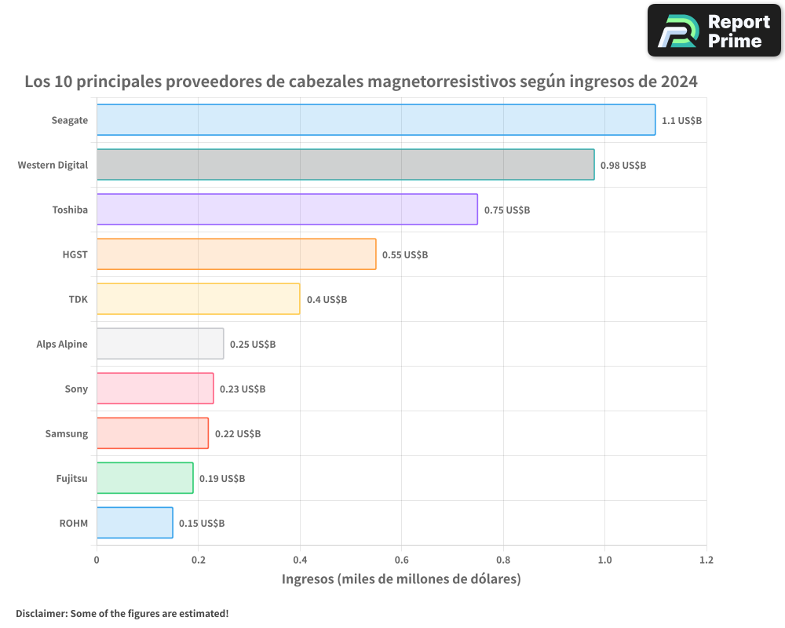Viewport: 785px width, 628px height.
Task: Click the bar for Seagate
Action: [x=375, y=120]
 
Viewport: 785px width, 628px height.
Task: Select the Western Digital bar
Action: [x=345, y=165]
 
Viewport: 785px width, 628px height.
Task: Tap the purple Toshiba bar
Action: [x=287, y=210]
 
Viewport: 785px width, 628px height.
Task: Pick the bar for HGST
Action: [x=235, y=254]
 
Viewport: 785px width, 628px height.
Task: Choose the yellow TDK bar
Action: [x=198, y=299]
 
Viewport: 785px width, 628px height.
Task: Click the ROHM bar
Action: [x=134, y=523]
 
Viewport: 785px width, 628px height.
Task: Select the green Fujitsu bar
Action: [x=144, y=478]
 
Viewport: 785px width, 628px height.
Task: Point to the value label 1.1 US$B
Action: [x=681, y=121]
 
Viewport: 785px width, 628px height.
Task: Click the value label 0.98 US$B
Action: [x=623, y=166]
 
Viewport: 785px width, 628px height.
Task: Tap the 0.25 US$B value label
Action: [x=253, y=345]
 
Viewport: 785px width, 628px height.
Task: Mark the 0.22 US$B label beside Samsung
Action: [x=238, y=434]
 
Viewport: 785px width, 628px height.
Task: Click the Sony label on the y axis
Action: [x=76, y=389]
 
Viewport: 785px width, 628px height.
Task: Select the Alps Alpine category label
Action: [x=62, y=345]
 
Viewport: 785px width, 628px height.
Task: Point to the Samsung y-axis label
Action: [x=67, y=434]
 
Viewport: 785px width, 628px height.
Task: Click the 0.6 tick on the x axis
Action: [x=401, y=560]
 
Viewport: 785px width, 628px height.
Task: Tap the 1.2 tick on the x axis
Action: [x=706, y=560]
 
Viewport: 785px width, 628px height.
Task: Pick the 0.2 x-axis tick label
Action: [x=198, y=560]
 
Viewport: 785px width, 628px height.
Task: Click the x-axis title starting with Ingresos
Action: [x=401, y=579]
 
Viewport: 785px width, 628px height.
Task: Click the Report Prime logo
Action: [x=714, y=31]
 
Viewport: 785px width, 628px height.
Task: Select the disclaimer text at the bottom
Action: [x=122, y=613]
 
